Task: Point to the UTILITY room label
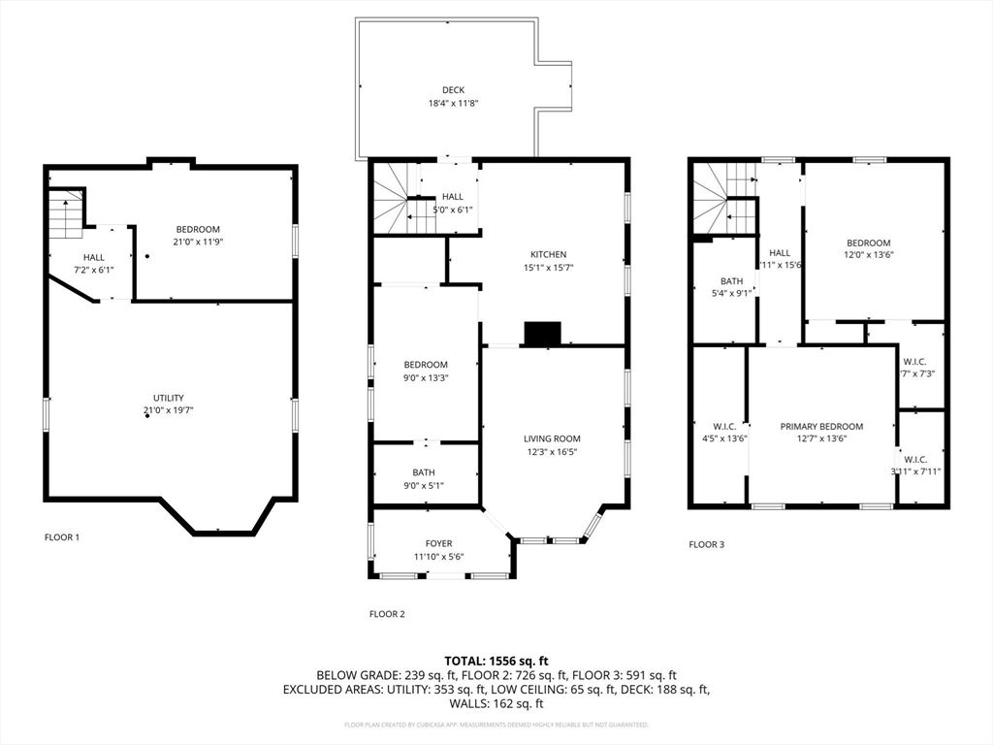(168, 398)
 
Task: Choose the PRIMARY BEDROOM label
(821, 426)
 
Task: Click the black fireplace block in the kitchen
(542, 334)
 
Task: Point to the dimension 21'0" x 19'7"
(168, 411)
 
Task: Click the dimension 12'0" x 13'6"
(868, 256)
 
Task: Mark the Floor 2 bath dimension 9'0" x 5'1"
(423, 486)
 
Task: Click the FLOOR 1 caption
(62, 536)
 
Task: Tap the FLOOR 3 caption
(706, 544)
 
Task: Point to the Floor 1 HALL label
(94, 257)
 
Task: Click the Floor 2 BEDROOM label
(426, 365)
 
